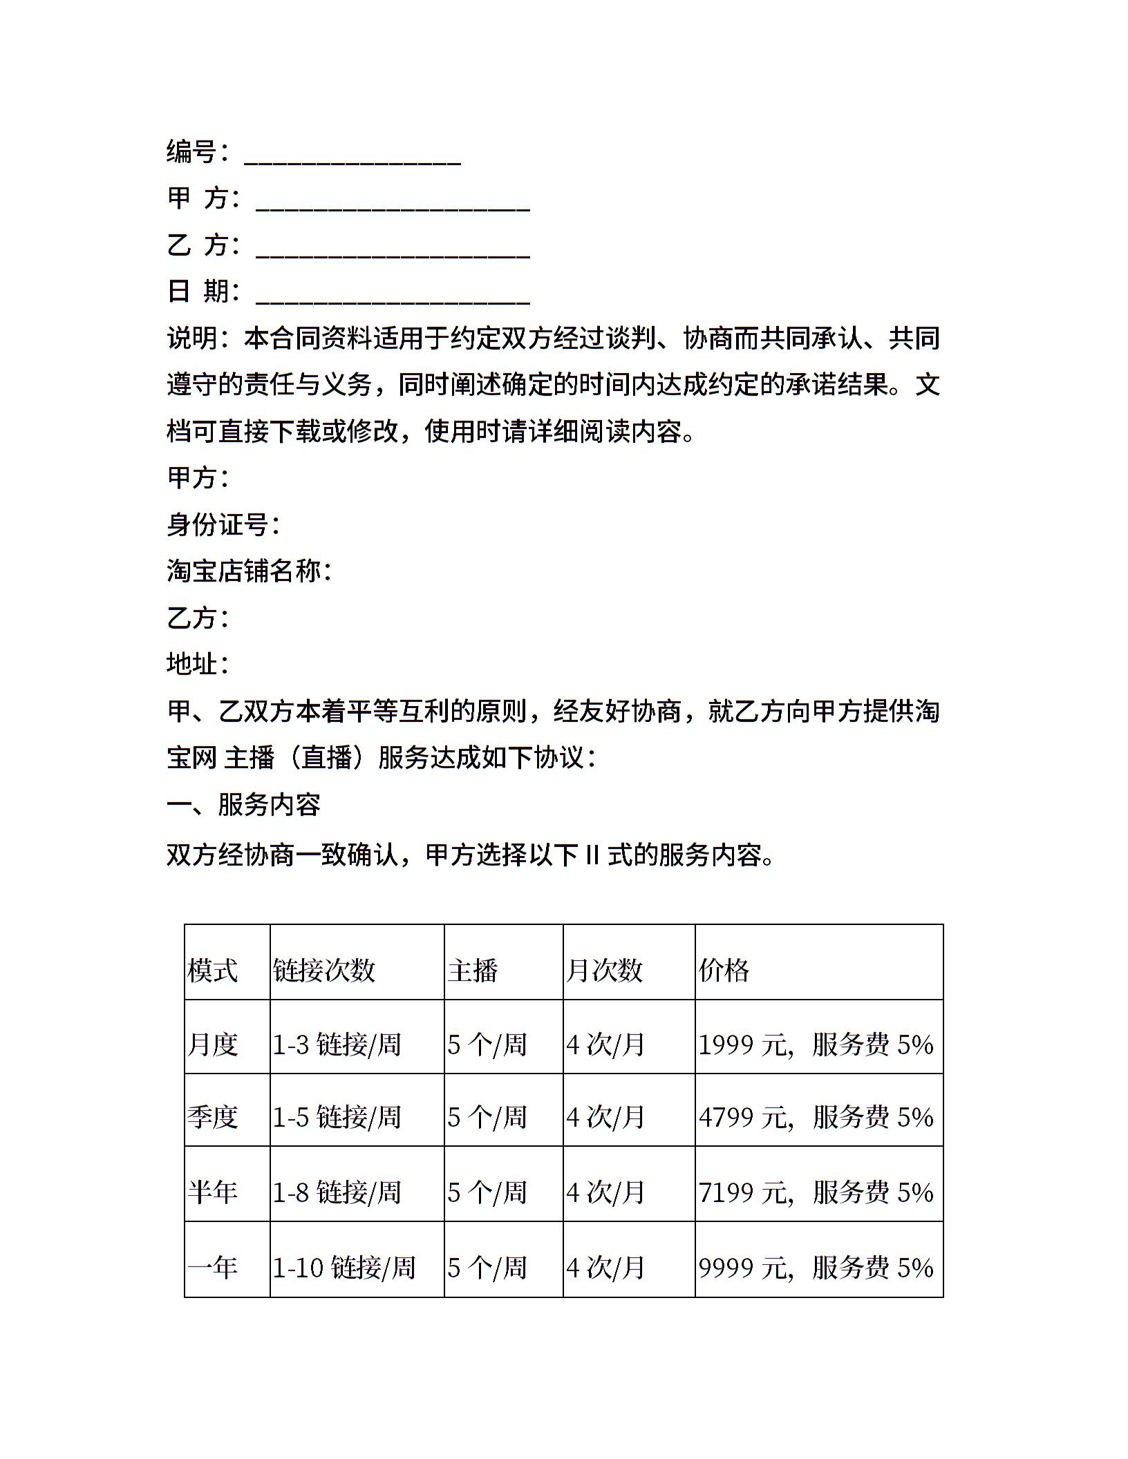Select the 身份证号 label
tap(223, 524)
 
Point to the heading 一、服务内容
tap(243, 805)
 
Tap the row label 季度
tap(213, 1118)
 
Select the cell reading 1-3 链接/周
tap(337, 1045)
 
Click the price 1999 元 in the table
tap(743, 1045)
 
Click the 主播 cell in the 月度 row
tap(487, 1045)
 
